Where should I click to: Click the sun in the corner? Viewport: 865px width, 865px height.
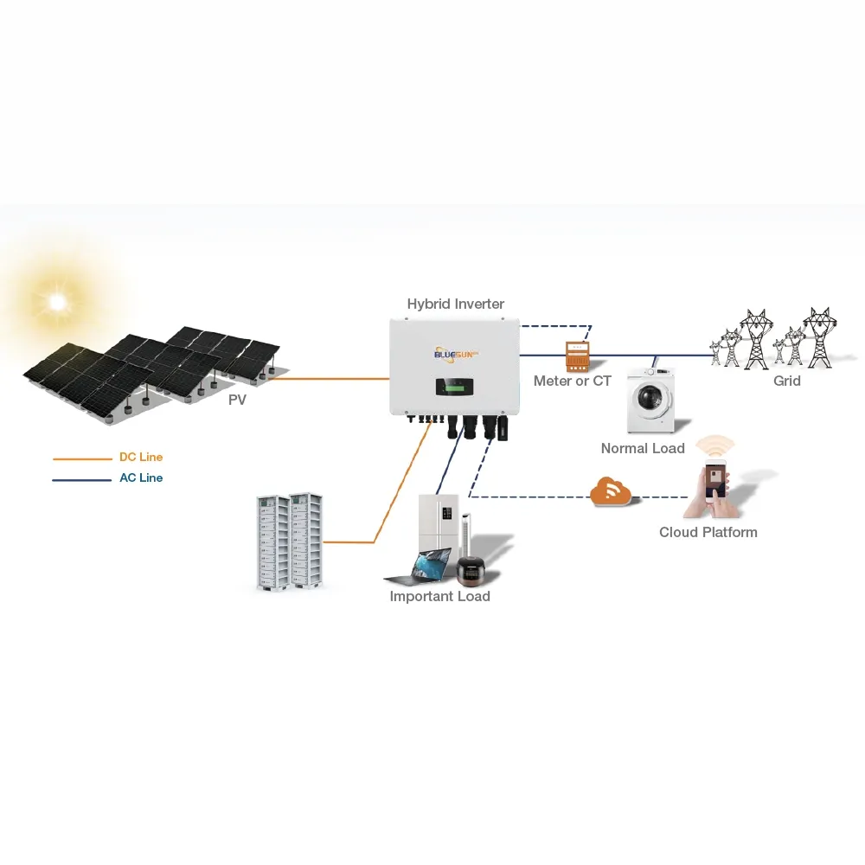[58, 301]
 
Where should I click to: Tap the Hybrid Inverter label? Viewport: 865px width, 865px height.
[455, 304]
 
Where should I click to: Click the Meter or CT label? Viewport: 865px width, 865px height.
[572, 381]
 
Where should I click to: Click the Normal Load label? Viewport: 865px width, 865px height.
[643, 448]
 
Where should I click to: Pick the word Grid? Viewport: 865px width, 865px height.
[786, 381]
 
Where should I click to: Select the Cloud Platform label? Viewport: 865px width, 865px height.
[708, 532]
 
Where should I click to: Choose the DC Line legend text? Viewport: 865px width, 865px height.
[140, 458]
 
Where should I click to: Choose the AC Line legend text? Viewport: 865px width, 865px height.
[140, 478]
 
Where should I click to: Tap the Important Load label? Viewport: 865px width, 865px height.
[439, 597]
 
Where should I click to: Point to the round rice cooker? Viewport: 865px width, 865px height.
[472, 569]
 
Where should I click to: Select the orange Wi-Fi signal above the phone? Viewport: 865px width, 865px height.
[715, 445]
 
